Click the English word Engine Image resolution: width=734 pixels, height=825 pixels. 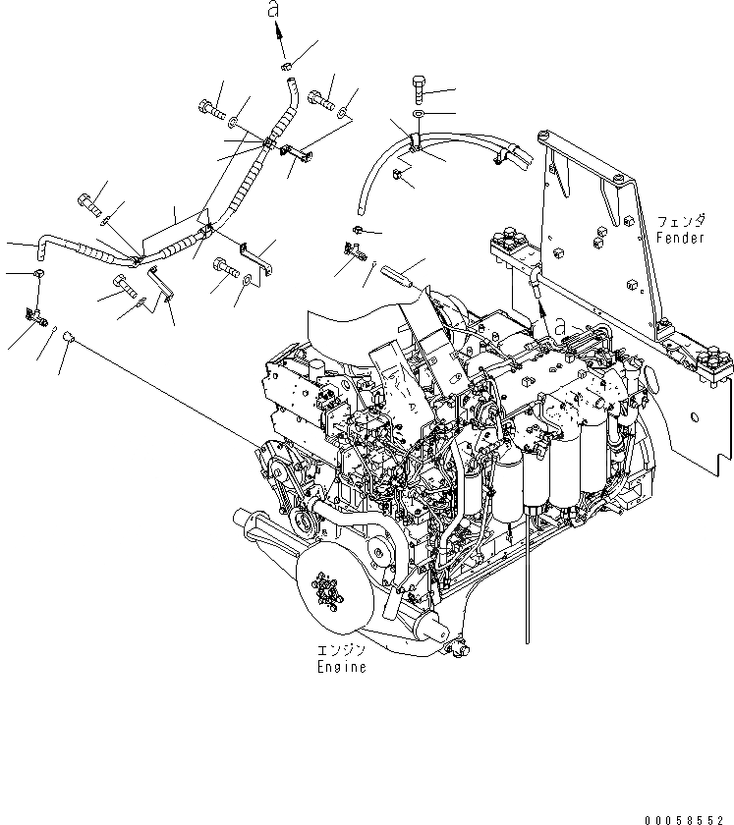click(x=342, y=667)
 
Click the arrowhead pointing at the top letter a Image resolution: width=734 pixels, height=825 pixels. click(x=279, y=32)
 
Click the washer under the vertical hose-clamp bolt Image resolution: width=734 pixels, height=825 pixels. click(x=418, y=116)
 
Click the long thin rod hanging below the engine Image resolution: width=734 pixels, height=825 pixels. click(x=528, y=589)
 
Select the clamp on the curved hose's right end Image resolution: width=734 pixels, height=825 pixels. click(x=508, y=148)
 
